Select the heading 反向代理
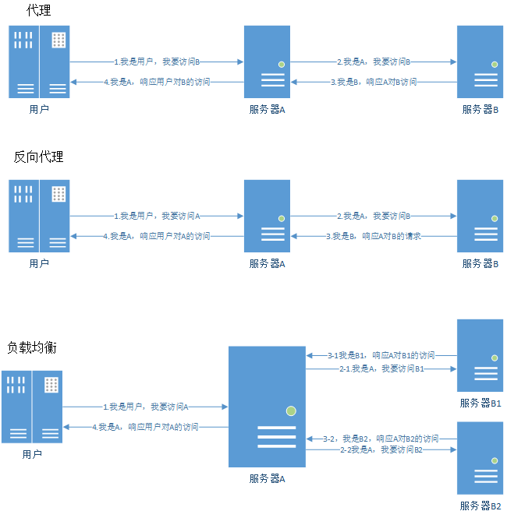coord(39,157)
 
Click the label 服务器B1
coord(480,403)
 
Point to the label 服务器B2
coord(480,506)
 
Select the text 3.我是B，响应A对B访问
coord(374,81)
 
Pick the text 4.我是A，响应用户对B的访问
coord(157,81)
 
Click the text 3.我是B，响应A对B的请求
coord(374,235)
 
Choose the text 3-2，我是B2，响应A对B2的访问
coord(381,439)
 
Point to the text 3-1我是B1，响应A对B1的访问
coord(381,355)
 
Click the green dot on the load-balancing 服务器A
coord(291,410)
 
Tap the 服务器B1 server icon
coord(480,354)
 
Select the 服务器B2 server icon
coord(480,458)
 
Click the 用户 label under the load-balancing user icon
coord(32,454)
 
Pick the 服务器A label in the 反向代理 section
coord(267,263)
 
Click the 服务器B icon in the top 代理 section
coord(480,62)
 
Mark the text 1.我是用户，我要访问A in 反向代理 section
coord(158,215)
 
